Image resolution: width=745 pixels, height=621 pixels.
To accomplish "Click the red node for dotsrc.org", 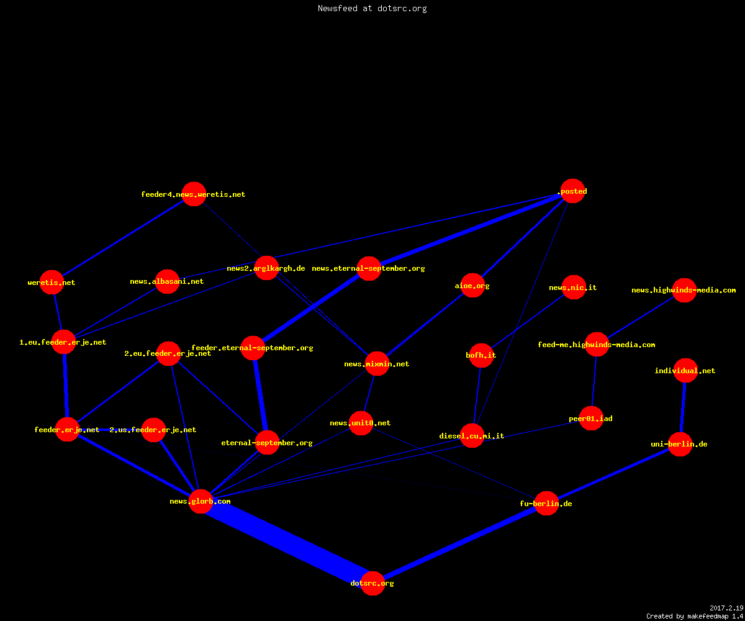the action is [x=372, y=583].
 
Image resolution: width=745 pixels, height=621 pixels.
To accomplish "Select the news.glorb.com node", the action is [x=201, y=501].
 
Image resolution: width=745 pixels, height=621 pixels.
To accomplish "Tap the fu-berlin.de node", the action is [x=546, y=503].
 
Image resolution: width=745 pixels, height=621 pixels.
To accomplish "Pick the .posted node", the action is [x=572, y=191].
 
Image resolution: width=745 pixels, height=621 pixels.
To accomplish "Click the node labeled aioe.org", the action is [x=472, y=285].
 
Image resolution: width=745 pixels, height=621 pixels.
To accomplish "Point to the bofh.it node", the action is [x=481, y=355].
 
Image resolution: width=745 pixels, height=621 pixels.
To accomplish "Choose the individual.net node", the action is [x=685, y=370].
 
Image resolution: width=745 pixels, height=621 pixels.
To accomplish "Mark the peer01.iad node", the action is [x=591, y=418].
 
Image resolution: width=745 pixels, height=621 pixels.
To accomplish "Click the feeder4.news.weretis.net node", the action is [x=194, y=194].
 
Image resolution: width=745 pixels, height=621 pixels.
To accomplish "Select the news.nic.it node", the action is [x=574, y=287].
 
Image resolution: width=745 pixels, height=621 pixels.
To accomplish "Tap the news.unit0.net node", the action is [x=361, y=423].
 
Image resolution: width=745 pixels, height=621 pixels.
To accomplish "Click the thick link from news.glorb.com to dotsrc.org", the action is [x=286, y=542].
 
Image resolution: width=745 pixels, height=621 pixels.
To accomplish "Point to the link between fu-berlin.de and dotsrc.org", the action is [x=459, y=543].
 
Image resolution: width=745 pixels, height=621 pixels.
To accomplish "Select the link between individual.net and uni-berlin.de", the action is [x=682, y=407].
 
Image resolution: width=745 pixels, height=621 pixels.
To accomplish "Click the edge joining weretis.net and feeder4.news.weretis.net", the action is [x=123, y=238].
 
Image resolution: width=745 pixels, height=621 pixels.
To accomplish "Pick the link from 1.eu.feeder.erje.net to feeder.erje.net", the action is [x=65, y=386].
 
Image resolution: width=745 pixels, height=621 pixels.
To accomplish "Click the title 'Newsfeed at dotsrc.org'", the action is [x=372, y=8].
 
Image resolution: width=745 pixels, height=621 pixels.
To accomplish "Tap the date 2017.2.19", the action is [x=726, y=608].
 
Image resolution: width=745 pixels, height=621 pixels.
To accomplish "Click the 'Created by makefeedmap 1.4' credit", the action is [x=695, y=616].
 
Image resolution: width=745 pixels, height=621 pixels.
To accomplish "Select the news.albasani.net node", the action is [x=167, y=281].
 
